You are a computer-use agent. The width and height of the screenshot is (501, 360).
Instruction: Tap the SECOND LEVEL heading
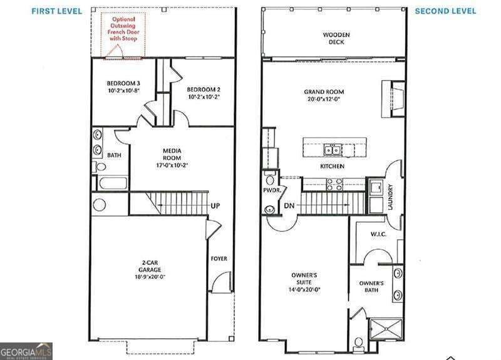445,11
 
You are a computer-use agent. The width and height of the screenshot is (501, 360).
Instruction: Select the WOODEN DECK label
337,38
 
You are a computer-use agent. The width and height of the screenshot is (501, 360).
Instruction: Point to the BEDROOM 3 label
123,86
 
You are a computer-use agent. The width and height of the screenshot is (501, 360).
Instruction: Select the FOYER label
219,259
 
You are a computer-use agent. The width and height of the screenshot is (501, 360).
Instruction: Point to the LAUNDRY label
390,196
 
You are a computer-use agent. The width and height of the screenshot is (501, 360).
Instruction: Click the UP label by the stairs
215,205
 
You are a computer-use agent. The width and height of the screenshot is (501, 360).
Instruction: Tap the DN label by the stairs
289,205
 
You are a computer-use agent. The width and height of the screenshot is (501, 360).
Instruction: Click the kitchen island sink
332,150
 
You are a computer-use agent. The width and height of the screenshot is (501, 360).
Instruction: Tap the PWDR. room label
271,190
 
